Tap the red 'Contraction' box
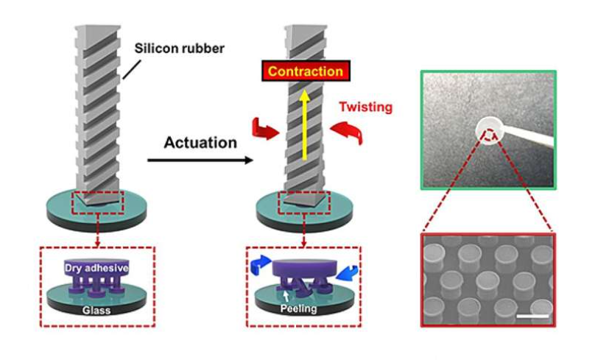click(305, 72)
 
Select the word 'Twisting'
click(365, 107)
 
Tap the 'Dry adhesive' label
click(99, 269)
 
